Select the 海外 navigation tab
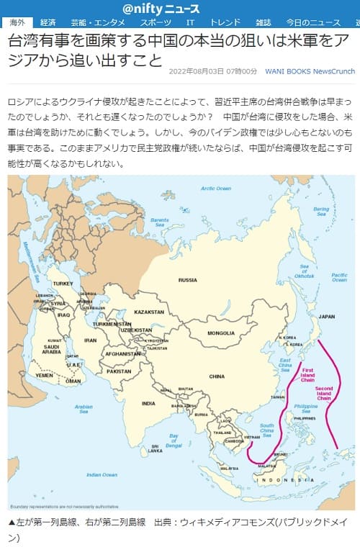click(16, 24)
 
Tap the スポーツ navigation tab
click(150, 24)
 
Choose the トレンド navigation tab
click(225, 24)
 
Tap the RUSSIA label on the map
click(188, 279)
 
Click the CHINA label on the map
click(217, 376)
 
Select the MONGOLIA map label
click(221, 333)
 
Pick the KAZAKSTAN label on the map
click(150, 312)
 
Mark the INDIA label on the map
click(148, 403)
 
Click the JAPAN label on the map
click(327, 316)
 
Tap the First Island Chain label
click(308, 374)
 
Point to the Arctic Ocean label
click(215, 188)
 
